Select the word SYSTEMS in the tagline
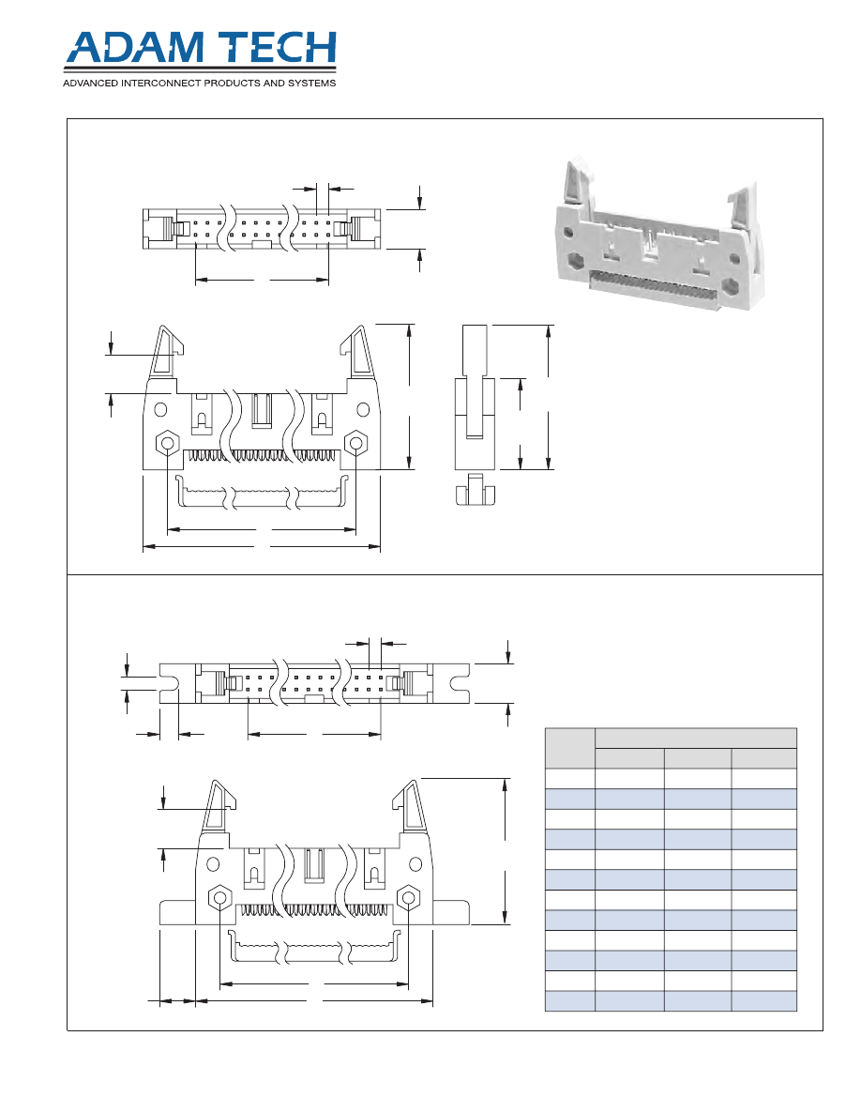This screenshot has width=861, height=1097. [310, 83]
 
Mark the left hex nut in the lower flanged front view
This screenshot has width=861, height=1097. [219, 897]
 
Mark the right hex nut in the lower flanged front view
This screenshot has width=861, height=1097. [408, 897]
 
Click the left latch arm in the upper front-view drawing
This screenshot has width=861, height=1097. [168, 351]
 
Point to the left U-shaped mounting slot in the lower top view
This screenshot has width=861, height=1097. [169, 682]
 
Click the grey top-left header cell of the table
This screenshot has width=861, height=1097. [569, 748]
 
